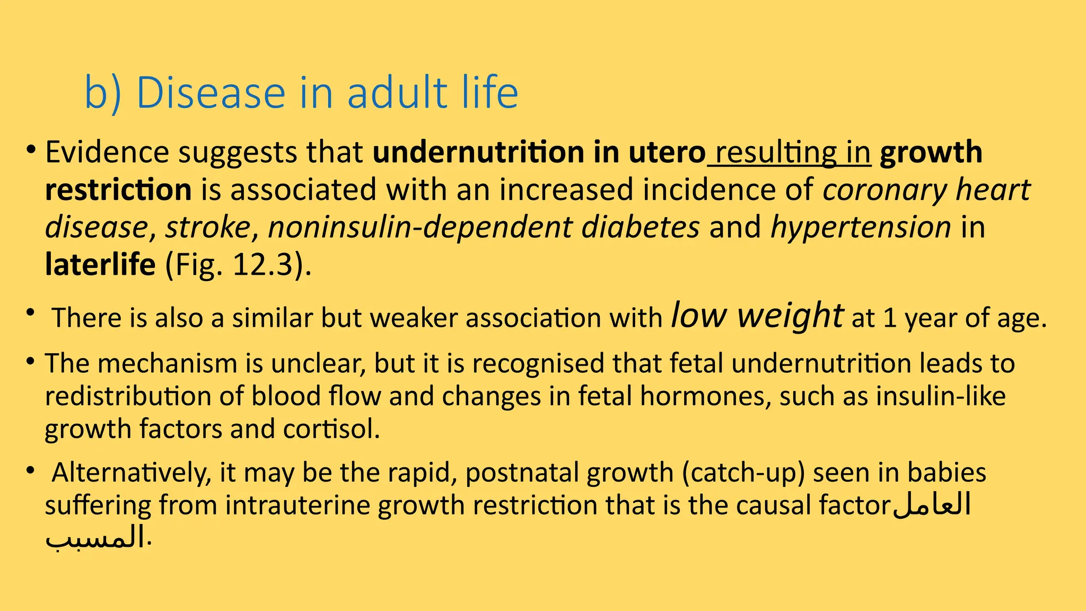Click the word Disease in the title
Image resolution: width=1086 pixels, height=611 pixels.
point(211,93)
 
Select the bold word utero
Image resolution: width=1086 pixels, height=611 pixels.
point(667,153)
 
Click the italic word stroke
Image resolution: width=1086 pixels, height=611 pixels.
point(207,227)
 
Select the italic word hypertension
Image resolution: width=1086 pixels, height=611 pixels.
point(860,227)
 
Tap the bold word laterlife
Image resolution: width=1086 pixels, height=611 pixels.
point(100,264)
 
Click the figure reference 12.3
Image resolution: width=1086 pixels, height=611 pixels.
point(262,264)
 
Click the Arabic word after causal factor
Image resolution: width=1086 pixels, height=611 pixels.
point(932,504)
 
